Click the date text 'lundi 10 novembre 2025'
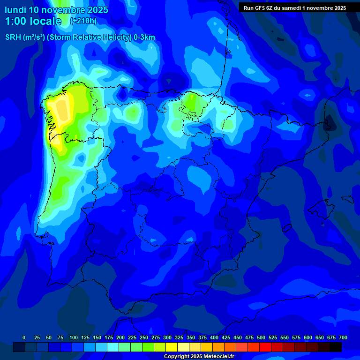coord(56,10)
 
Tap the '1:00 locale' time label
coord(33,21)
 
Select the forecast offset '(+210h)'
coord(83,21)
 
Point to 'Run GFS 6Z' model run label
coord(258,8)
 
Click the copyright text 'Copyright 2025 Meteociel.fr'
coord(199,357)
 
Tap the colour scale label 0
coord(24,337)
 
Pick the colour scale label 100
coord(74,337)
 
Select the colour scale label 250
coord(144,337)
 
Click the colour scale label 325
coord(179,337)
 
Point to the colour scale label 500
coord(261,337)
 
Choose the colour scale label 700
coord(343,337)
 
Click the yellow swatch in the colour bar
coord(172,347)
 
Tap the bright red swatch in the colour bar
coord(265,347)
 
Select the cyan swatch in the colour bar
coord(113,347)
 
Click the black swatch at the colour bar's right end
coord(336,347)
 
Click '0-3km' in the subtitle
coord(144,37)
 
